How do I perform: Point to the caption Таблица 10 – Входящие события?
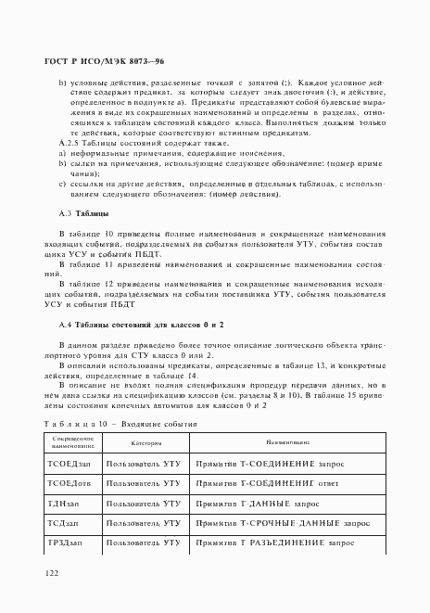[111, 421]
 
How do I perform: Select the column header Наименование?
[281, 443]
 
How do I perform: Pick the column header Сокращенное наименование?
[71, 443]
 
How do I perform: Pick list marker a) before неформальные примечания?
[62, 154]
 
